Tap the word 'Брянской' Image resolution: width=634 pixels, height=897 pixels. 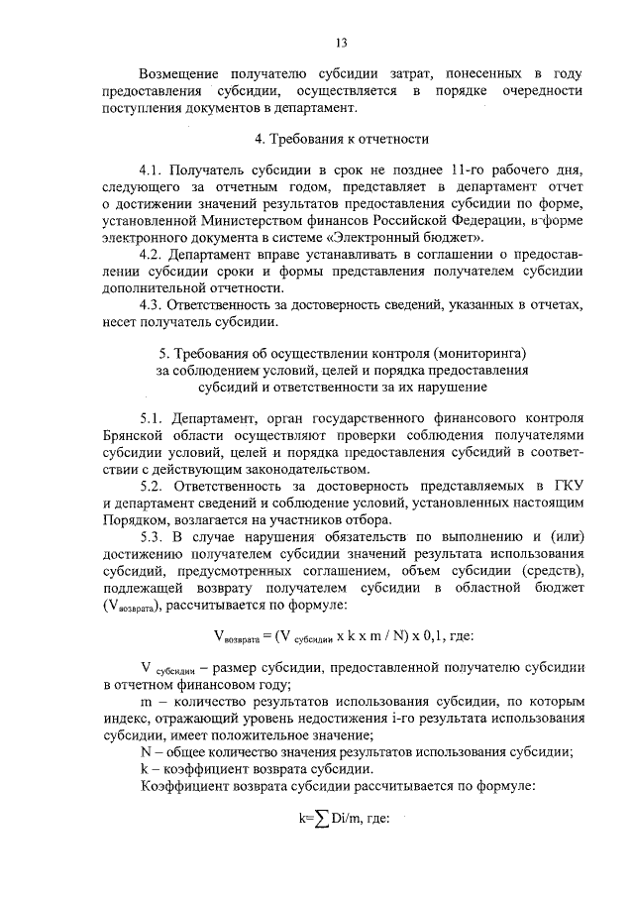133,435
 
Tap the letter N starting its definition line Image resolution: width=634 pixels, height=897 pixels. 147,750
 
